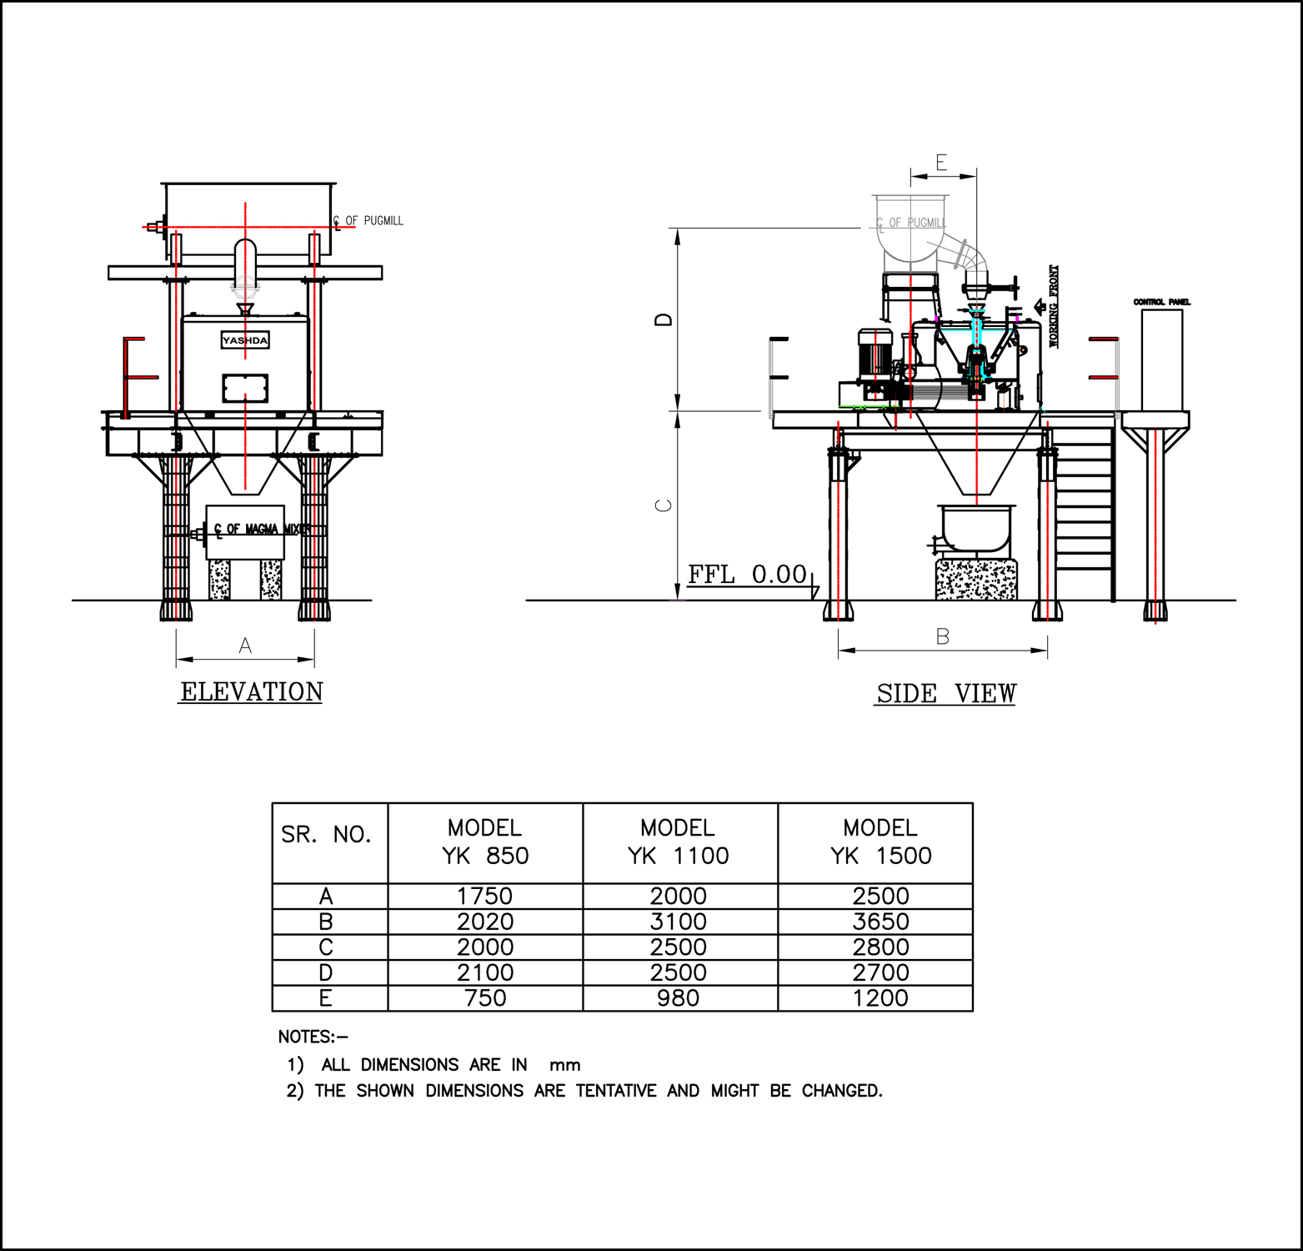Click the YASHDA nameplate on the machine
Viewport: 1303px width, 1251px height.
(245, 340)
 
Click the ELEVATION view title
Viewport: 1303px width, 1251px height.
(251, 692)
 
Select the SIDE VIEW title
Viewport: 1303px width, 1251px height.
(945, 694)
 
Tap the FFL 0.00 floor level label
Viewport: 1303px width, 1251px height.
(747, 575)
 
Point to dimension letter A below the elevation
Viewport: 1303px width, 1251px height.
(245, 646)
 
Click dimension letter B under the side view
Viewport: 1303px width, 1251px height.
(942, 637)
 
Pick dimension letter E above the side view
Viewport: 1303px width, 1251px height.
(941, 163)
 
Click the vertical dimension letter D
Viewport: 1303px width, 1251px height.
(664, 319)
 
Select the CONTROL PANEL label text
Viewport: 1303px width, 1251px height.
(1161, 302)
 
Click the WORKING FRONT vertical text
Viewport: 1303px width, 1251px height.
(1053, 306)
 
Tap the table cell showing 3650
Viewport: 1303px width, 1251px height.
(880, 922)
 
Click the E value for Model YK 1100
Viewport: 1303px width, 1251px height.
(678, 998)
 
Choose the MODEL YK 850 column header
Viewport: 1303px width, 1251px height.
(484, 842)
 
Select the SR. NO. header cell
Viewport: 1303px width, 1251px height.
(326, 835)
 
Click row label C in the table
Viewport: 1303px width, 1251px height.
(326, 947)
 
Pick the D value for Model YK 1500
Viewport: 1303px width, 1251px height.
(880, 972)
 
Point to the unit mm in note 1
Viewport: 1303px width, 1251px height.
(564, 1065)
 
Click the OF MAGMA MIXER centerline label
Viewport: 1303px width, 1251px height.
(267, 529)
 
